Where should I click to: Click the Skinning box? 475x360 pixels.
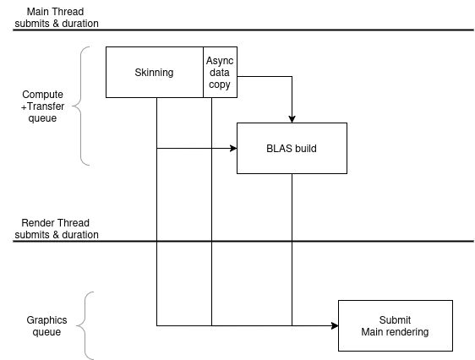(155, 72)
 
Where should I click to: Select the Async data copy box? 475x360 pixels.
(221, 72)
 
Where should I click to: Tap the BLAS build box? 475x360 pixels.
(292, 148)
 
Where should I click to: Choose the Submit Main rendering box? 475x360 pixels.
(396, 326)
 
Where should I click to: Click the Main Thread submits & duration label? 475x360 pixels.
(57, 18)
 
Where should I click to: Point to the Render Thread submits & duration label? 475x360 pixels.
(57, 229)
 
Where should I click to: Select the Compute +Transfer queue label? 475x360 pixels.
(43, 106)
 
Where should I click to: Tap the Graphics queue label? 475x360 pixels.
(46, 326)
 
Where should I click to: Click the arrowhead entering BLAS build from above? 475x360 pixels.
(292, 119)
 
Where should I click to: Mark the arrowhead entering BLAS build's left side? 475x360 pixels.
(233, 148)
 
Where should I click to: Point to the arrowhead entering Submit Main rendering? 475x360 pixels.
(335, 326)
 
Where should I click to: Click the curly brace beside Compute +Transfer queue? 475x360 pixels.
(81, 106)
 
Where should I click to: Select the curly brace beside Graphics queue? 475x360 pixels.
(85, 326)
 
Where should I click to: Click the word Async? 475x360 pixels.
(220, 61)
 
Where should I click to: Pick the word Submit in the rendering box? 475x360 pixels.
(395, 320)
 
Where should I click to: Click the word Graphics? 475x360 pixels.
(46, 320)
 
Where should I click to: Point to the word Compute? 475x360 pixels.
(43, 95)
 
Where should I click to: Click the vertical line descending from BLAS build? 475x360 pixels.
(292, 250)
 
